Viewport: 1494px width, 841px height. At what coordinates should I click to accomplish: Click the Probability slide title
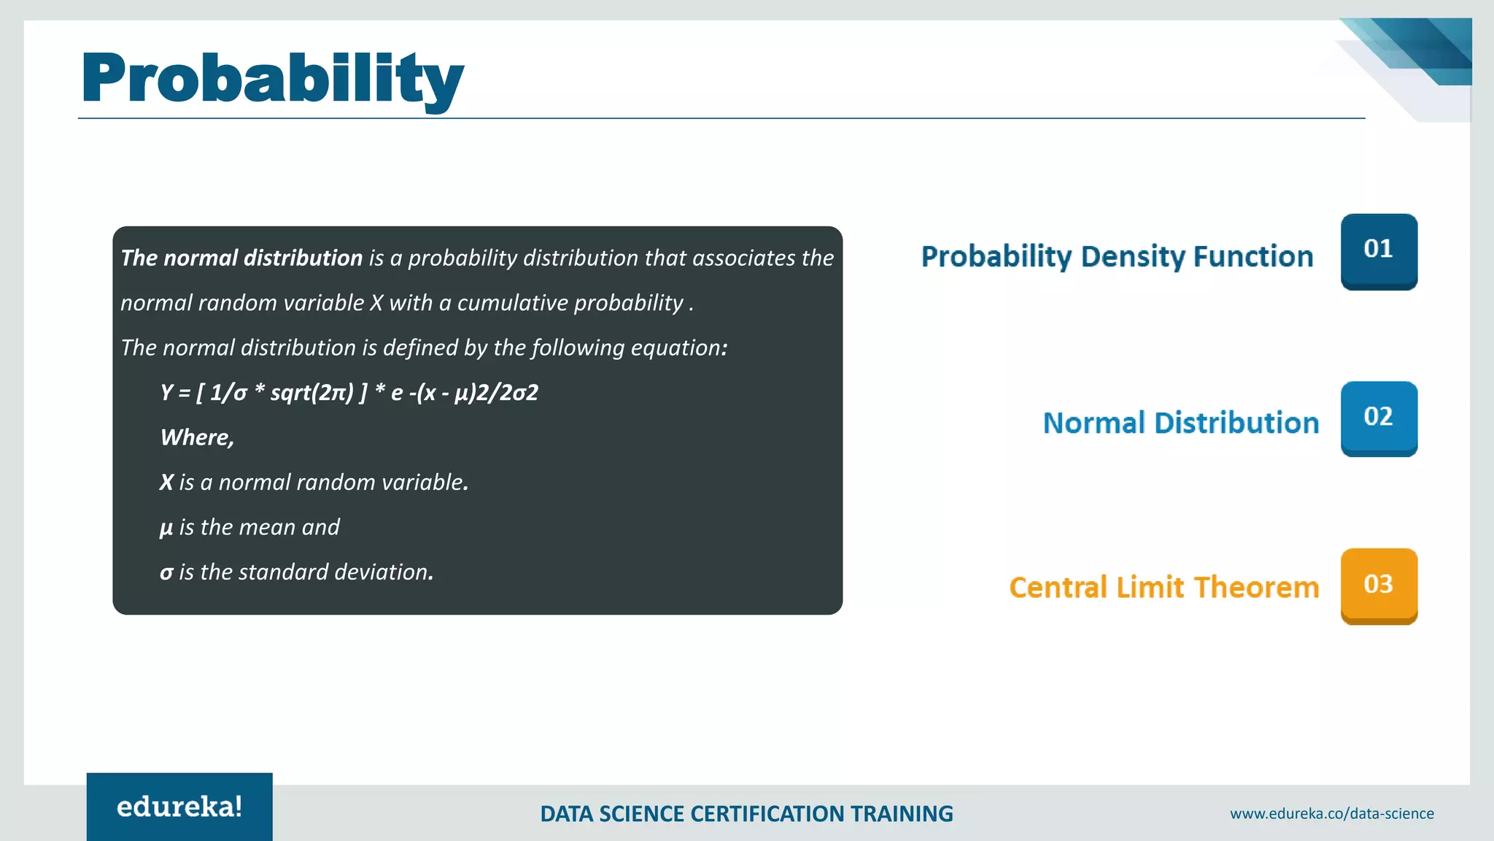(271, 79)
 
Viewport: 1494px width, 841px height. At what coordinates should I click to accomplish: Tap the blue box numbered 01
(1378, 250)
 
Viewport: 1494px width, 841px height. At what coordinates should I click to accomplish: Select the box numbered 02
(1378, 418)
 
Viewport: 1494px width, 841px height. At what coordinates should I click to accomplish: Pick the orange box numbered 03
(1378, 585)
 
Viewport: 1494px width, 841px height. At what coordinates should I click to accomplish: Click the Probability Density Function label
(1117, 257)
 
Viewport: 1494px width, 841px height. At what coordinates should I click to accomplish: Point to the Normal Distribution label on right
(1180, 423)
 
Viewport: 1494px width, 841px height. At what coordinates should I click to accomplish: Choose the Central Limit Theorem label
(1164, 588)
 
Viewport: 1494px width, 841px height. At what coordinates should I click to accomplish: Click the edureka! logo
(179, 807)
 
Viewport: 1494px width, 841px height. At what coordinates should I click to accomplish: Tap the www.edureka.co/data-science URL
(1331, 813)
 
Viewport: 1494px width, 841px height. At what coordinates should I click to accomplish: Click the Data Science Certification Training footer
(746, 814)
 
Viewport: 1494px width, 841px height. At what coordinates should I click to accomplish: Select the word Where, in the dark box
(197, 437)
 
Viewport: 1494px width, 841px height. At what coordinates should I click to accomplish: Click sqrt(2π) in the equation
(311, 393)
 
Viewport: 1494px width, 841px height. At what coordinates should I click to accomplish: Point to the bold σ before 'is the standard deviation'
(166, 572)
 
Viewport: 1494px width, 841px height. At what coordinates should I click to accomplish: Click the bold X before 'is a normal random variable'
(166, 483)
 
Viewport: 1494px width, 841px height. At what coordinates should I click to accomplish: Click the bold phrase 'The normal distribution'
(241, 258)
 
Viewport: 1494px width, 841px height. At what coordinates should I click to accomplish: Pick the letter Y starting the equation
(166, 393)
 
